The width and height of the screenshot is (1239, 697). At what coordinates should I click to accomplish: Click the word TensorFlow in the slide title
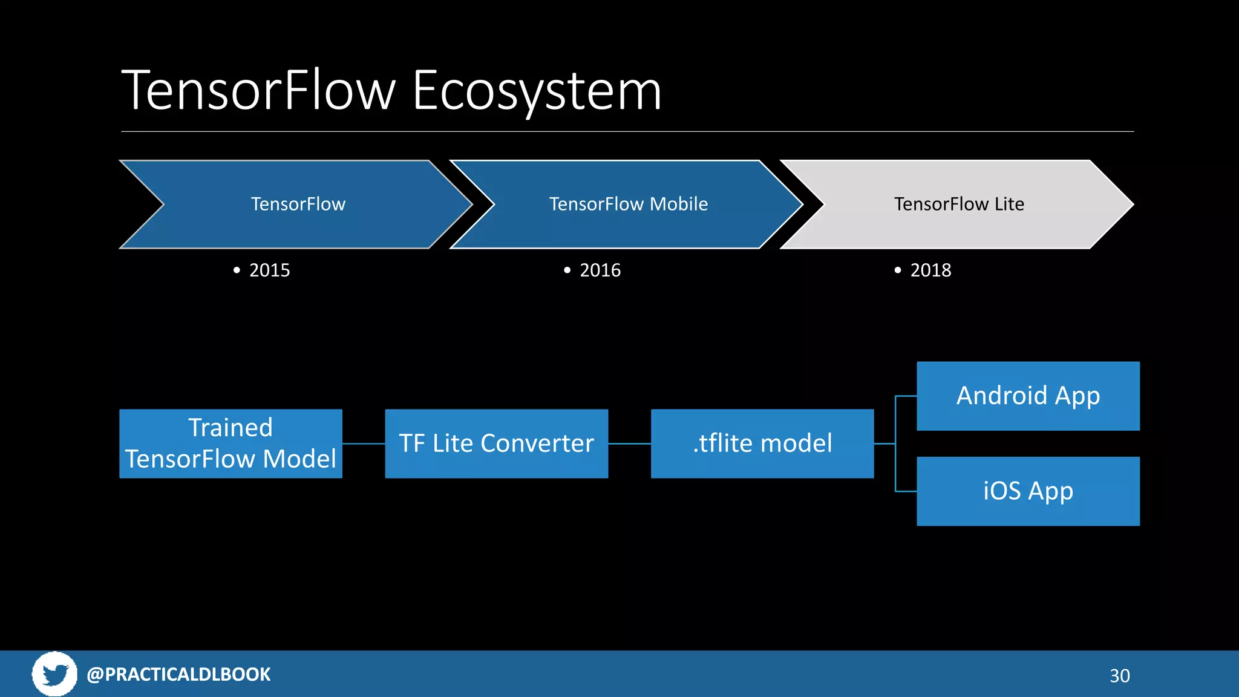click(x=258, y=91)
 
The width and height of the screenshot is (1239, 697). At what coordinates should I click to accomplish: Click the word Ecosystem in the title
click(x=537, y=91)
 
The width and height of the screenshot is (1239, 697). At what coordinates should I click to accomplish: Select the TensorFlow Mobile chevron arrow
click(x=628, y=204)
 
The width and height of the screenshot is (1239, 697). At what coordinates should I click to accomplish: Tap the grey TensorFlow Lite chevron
click(x=958, y=204)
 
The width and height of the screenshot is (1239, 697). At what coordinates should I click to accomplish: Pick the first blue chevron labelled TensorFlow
click(x=298, y=204)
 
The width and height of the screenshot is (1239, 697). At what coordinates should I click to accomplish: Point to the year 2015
click(x=269, y=270)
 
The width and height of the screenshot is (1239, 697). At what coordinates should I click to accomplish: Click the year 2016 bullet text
click(x=600, y=270)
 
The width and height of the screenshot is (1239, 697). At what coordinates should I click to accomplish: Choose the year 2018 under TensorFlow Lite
click(x=930, y=270)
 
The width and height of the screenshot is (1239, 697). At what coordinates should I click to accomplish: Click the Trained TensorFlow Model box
click(x=230, y=443)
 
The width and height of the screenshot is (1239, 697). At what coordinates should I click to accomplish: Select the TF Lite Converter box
click(x=496, y=443)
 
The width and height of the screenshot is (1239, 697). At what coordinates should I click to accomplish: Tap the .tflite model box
click(x=762, y=443)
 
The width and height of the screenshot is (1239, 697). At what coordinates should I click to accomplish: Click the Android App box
click(x=1028, y=396)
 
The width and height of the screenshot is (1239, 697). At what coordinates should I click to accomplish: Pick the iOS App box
click(x=1028, y=491)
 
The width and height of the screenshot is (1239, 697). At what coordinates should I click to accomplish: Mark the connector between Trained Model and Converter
click(x=364, y=443)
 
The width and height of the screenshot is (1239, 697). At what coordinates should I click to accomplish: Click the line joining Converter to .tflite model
click(x=629, y=443)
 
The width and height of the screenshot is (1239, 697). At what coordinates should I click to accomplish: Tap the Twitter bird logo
click(x=54, y=674)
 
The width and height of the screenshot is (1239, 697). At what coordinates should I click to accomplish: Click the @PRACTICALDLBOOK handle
click(x=178, y=674)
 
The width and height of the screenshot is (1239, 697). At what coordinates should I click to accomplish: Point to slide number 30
click(x=1119, y=675)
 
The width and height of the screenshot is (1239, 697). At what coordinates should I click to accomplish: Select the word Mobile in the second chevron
click(x=678, y=204)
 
